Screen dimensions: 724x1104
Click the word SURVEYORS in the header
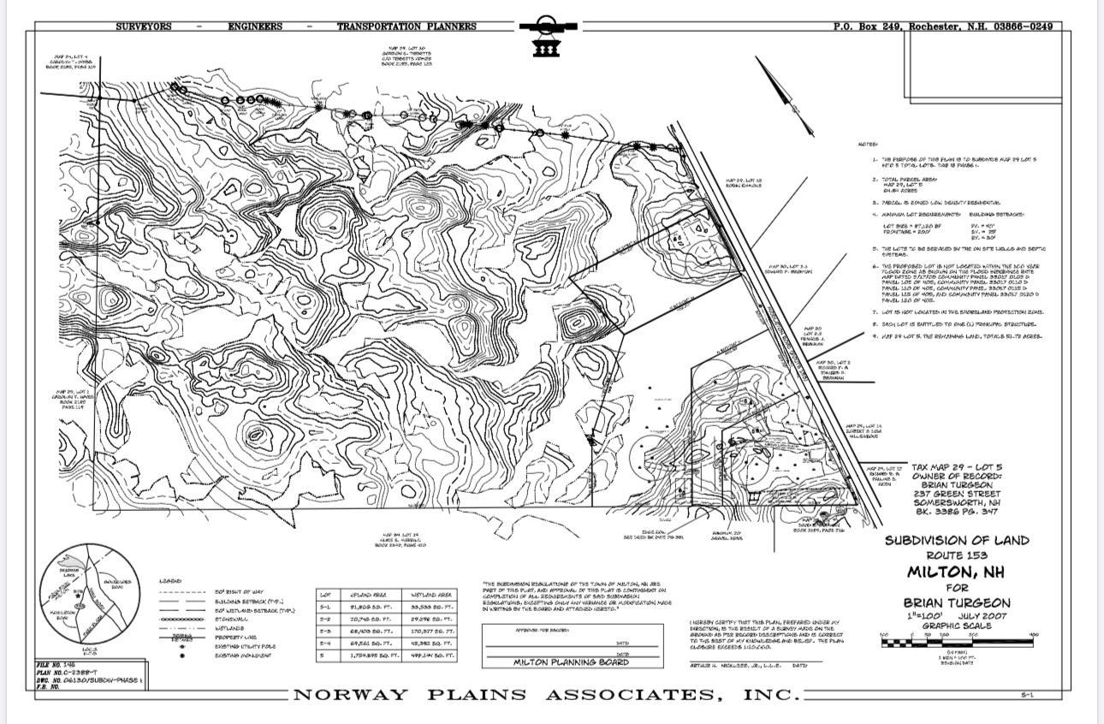point(151,27)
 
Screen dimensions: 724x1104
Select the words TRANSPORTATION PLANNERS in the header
point(407,27)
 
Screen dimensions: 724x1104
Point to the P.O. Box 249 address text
point(942,27)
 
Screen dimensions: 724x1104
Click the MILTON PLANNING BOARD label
point(571,662)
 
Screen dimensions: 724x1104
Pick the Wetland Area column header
point(432,594)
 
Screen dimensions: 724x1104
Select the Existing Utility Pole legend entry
point(243,645)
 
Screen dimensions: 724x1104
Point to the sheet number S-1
point(1027,696)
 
